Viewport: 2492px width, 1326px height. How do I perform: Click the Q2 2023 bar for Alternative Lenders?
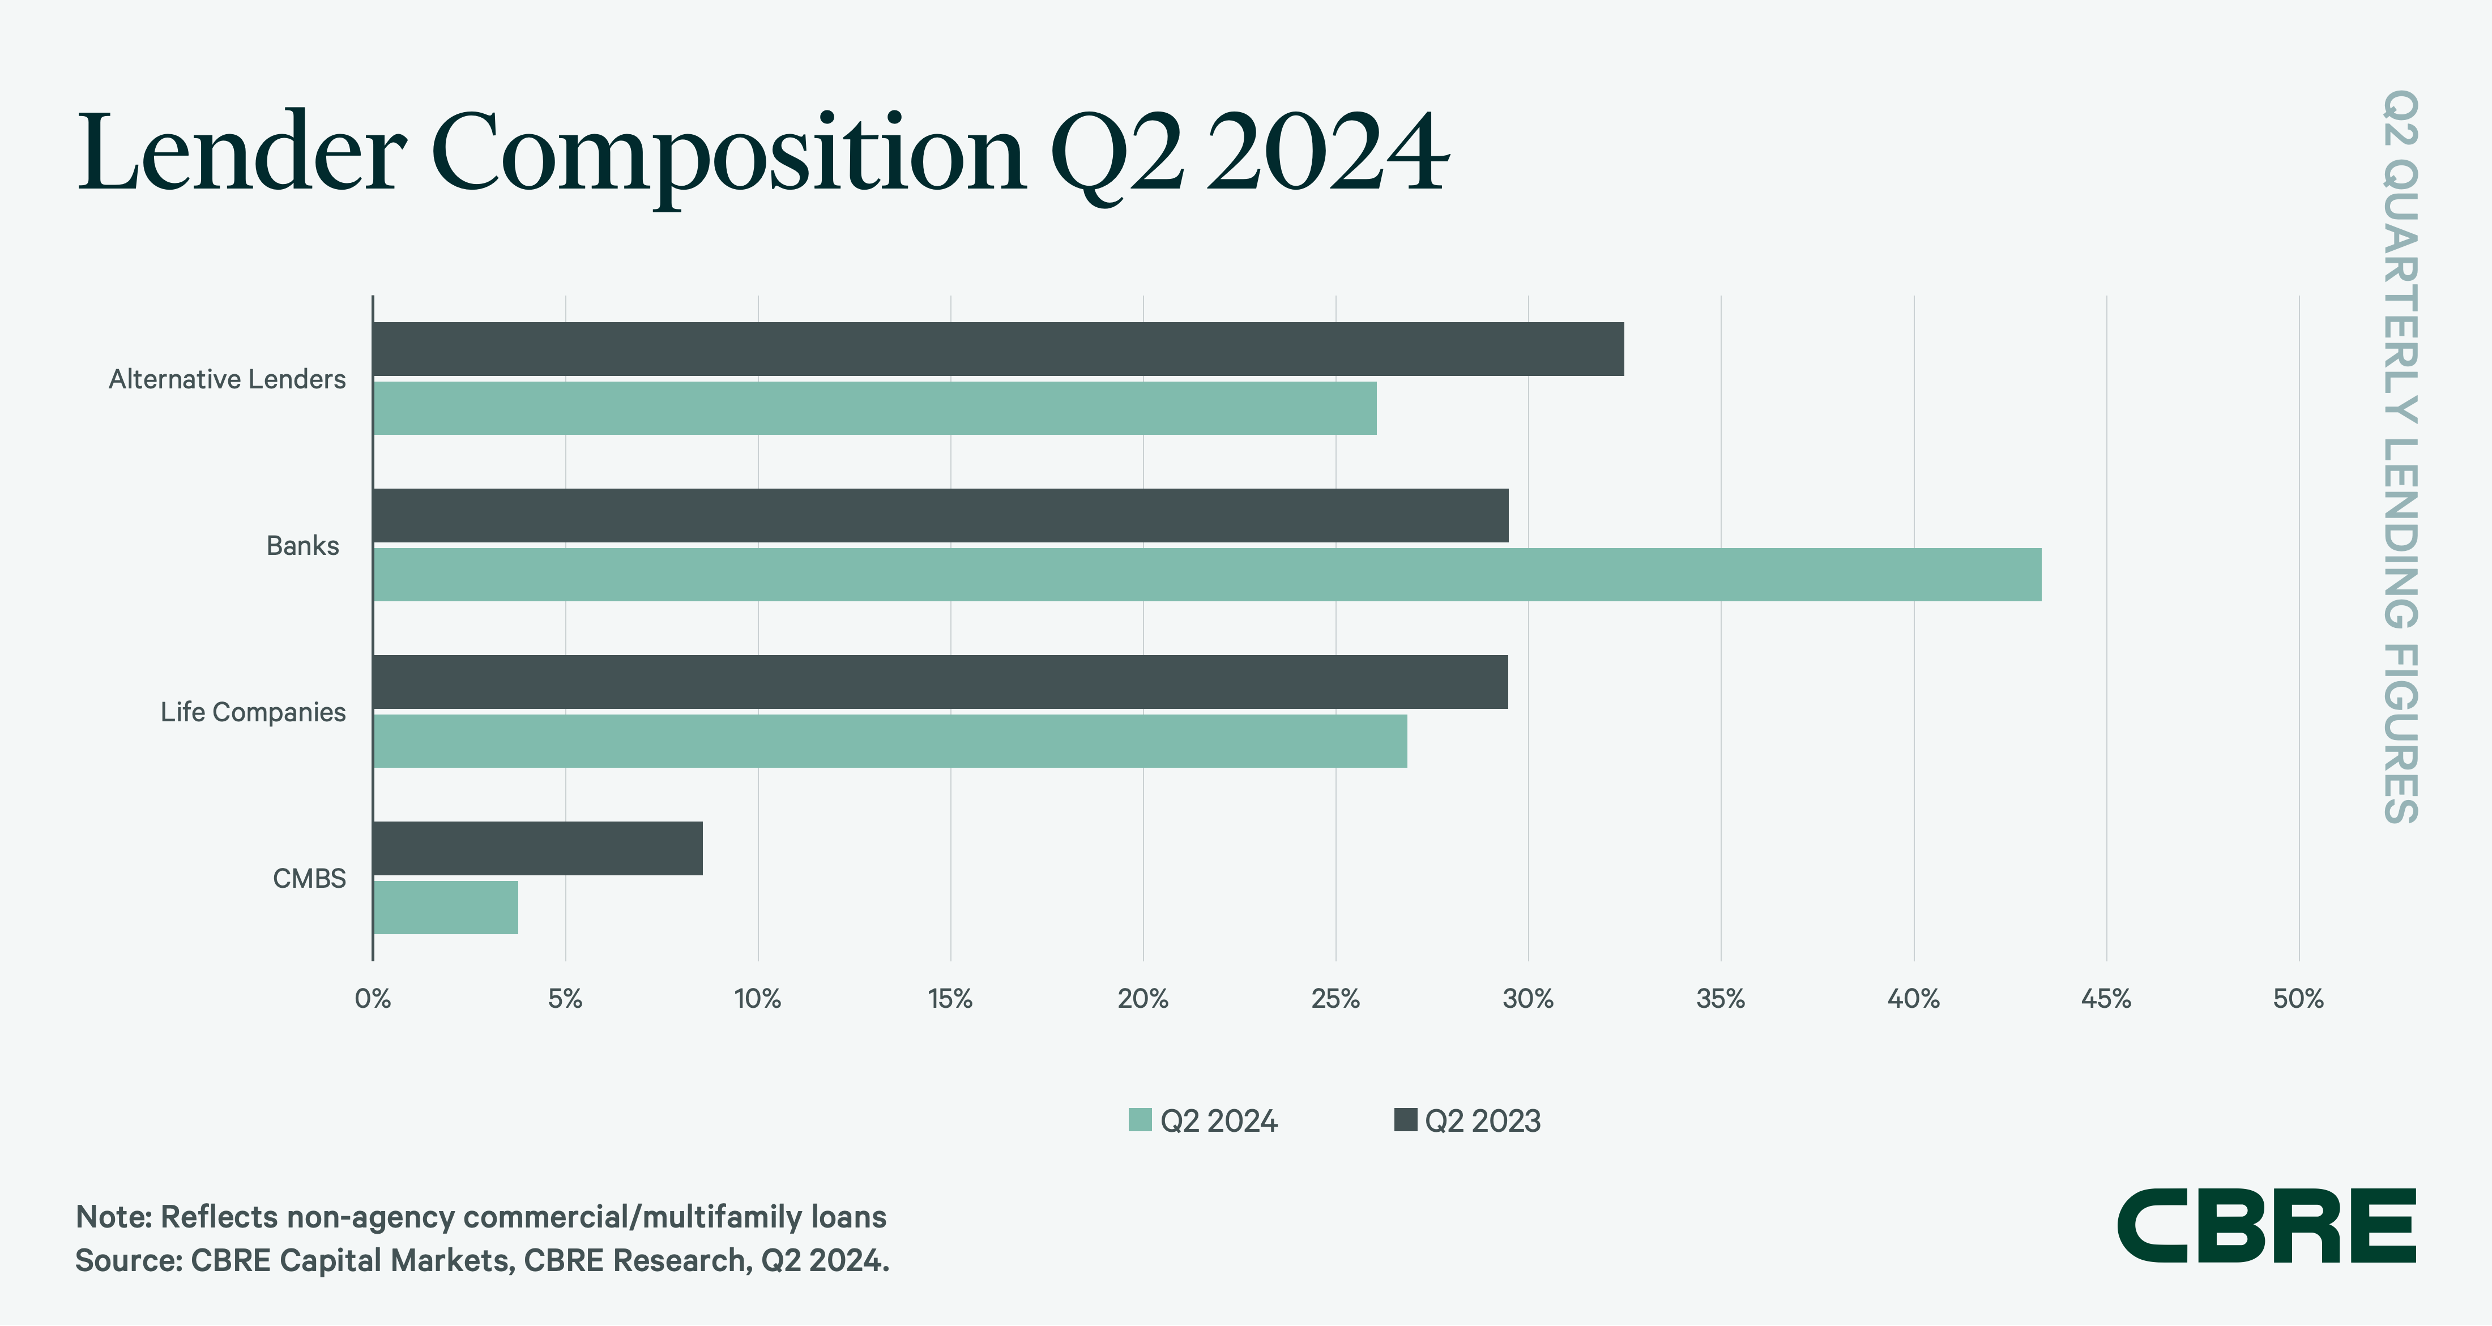click(x=998, y=349)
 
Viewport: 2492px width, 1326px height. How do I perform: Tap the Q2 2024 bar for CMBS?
click(x=446, y=907)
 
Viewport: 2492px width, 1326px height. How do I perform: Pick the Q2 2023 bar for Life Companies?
click(x=940, y=682)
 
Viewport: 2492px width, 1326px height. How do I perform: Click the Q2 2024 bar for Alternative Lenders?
click(x=874, y=408)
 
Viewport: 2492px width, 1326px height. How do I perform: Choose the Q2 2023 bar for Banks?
click(x=940, y=515)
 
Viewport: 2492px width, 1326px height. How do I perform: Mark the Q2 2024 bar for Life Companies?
click(x=890, y=741)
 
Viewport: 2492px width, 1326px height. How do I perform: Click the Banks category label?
click(x=303, y=545)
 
